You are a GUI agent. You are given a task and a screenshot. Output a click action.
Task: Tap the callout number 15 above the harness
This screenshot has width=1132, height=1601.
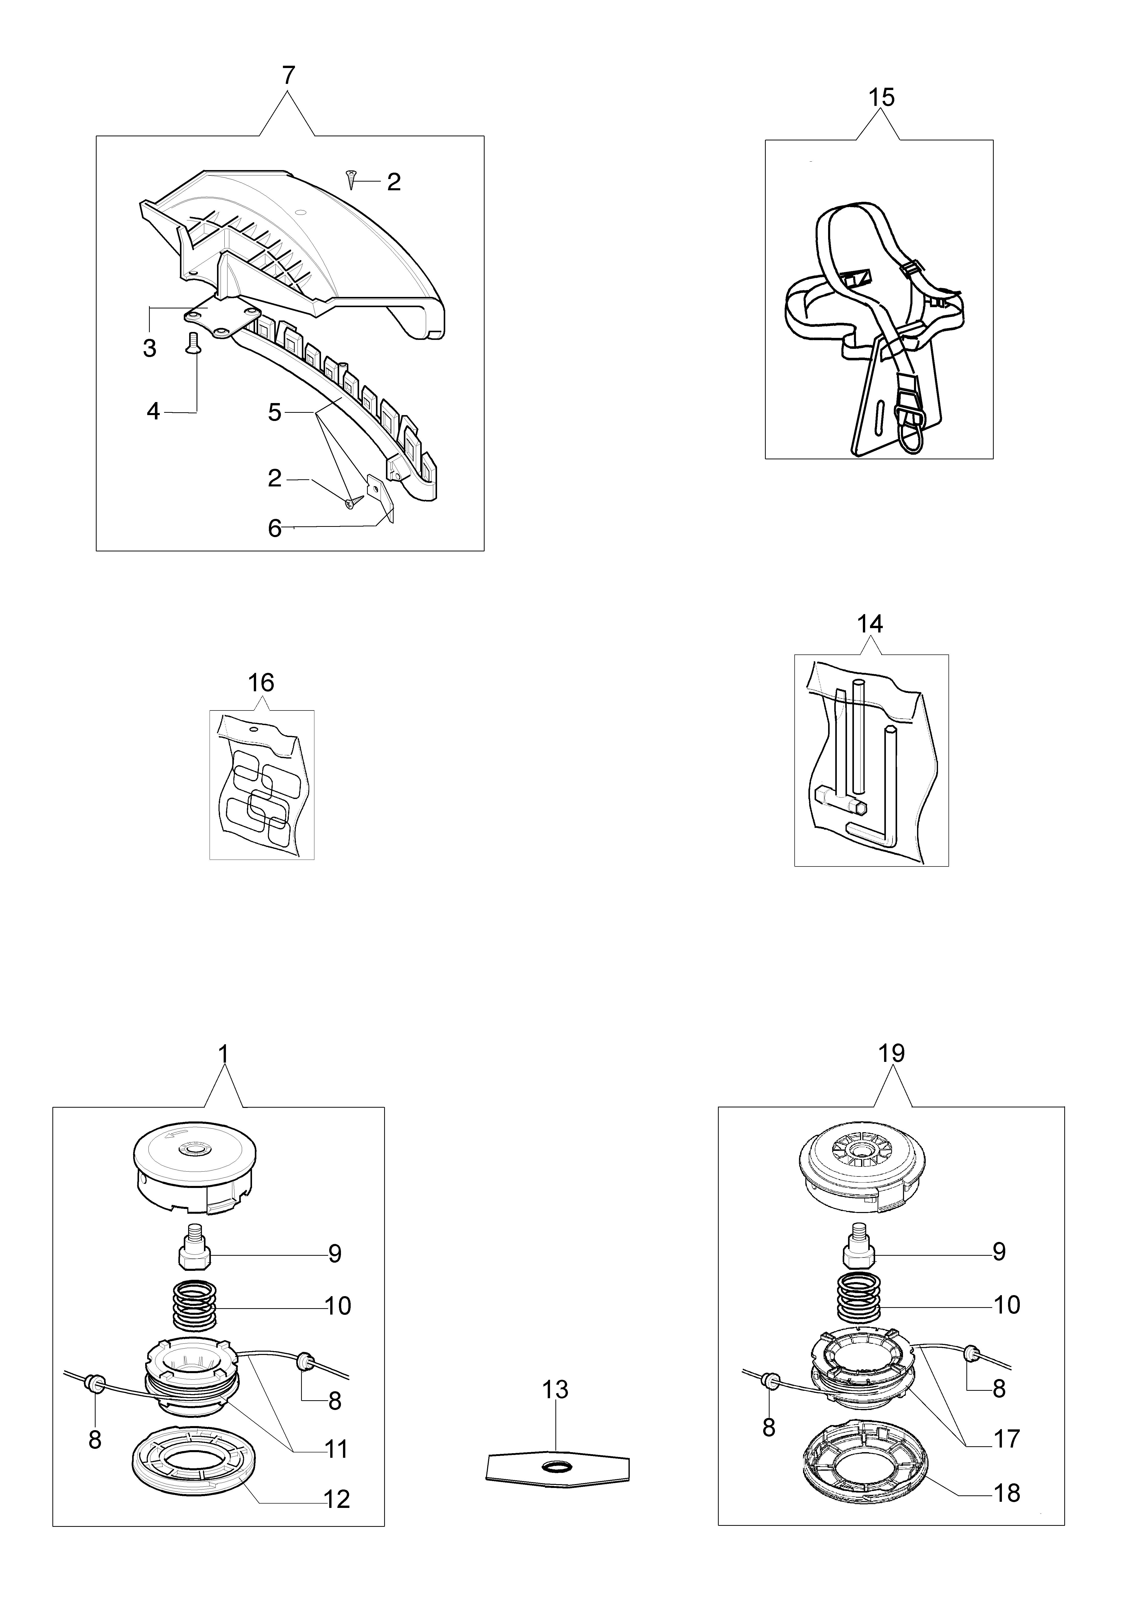[x=881, y=98]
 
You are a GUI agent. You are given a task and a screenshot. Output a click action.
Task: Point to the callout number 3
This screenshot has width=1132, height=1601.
[x=149, y=348]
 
